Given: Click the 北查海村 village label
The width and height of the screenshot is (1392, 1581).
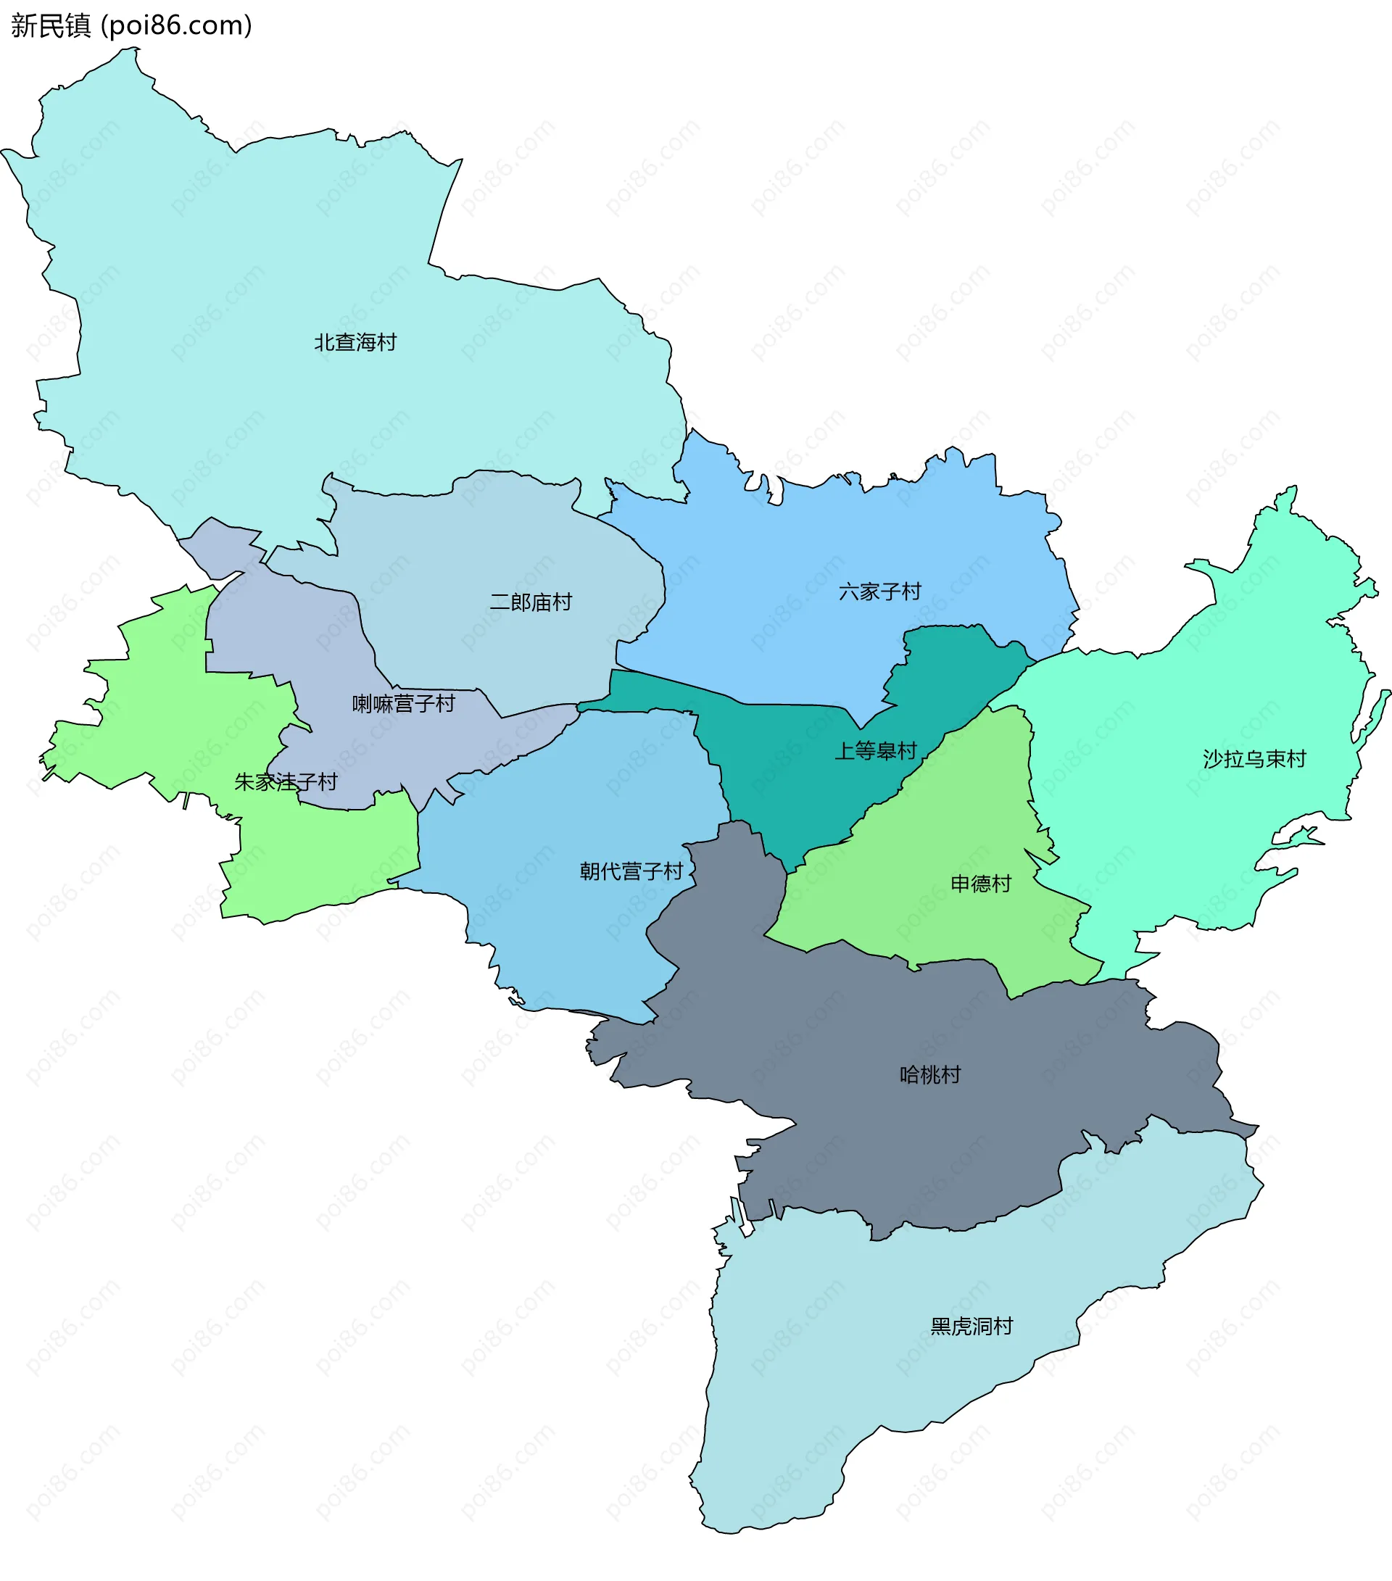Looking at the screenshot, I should (355, 342).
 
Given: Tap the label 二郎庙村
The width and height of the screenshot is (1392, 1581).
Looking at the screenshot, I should (531, 602).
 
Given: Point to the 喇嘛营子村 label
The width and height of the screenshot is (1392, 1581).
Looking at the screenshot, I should (403, 703).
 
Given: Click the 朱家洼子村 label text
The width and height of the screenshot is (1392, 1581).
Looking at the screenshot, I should (286, 782).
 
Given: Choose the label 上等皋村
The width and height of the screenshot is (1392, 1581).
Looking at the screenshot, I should (875, 750).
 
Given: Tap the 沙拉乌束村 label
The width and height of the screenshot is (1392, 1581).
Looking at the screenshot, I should (1254, 759).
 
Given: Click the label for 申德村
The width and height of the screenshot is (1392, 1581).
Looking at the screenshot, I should (980, 884).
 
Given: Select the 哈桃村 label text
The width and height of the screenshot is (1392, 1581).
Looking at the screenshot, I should (930, 1074).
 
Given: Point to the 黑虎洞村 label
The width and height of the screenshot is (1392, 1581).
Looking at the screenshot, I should (971, 1326).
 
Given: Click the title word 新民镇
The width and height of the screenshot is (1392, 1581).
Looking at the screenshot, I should (51, 25).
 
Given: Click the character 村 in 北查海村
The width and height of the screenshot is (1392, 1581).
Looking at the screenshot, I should (387, 342).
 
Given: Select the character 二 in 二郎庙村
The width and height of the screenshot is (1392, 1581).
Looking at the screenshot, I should (500, 602).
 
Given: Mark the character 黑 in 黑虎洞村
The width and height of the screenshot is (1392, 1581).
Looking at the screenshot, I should (940, 1326).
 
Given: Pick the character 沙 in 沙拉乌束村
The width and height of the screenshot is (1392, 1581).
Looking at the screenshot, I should (1213, 759).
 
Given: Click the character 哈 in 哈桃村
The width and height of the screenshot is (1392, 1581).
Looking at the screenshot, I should (909, 1074).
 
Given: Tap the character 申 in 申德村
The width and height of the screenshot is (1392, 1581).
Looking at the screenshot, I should (960, 884).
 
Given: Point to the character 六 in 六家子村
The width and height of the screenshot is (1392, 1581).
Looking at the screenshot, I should (849, 592).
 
